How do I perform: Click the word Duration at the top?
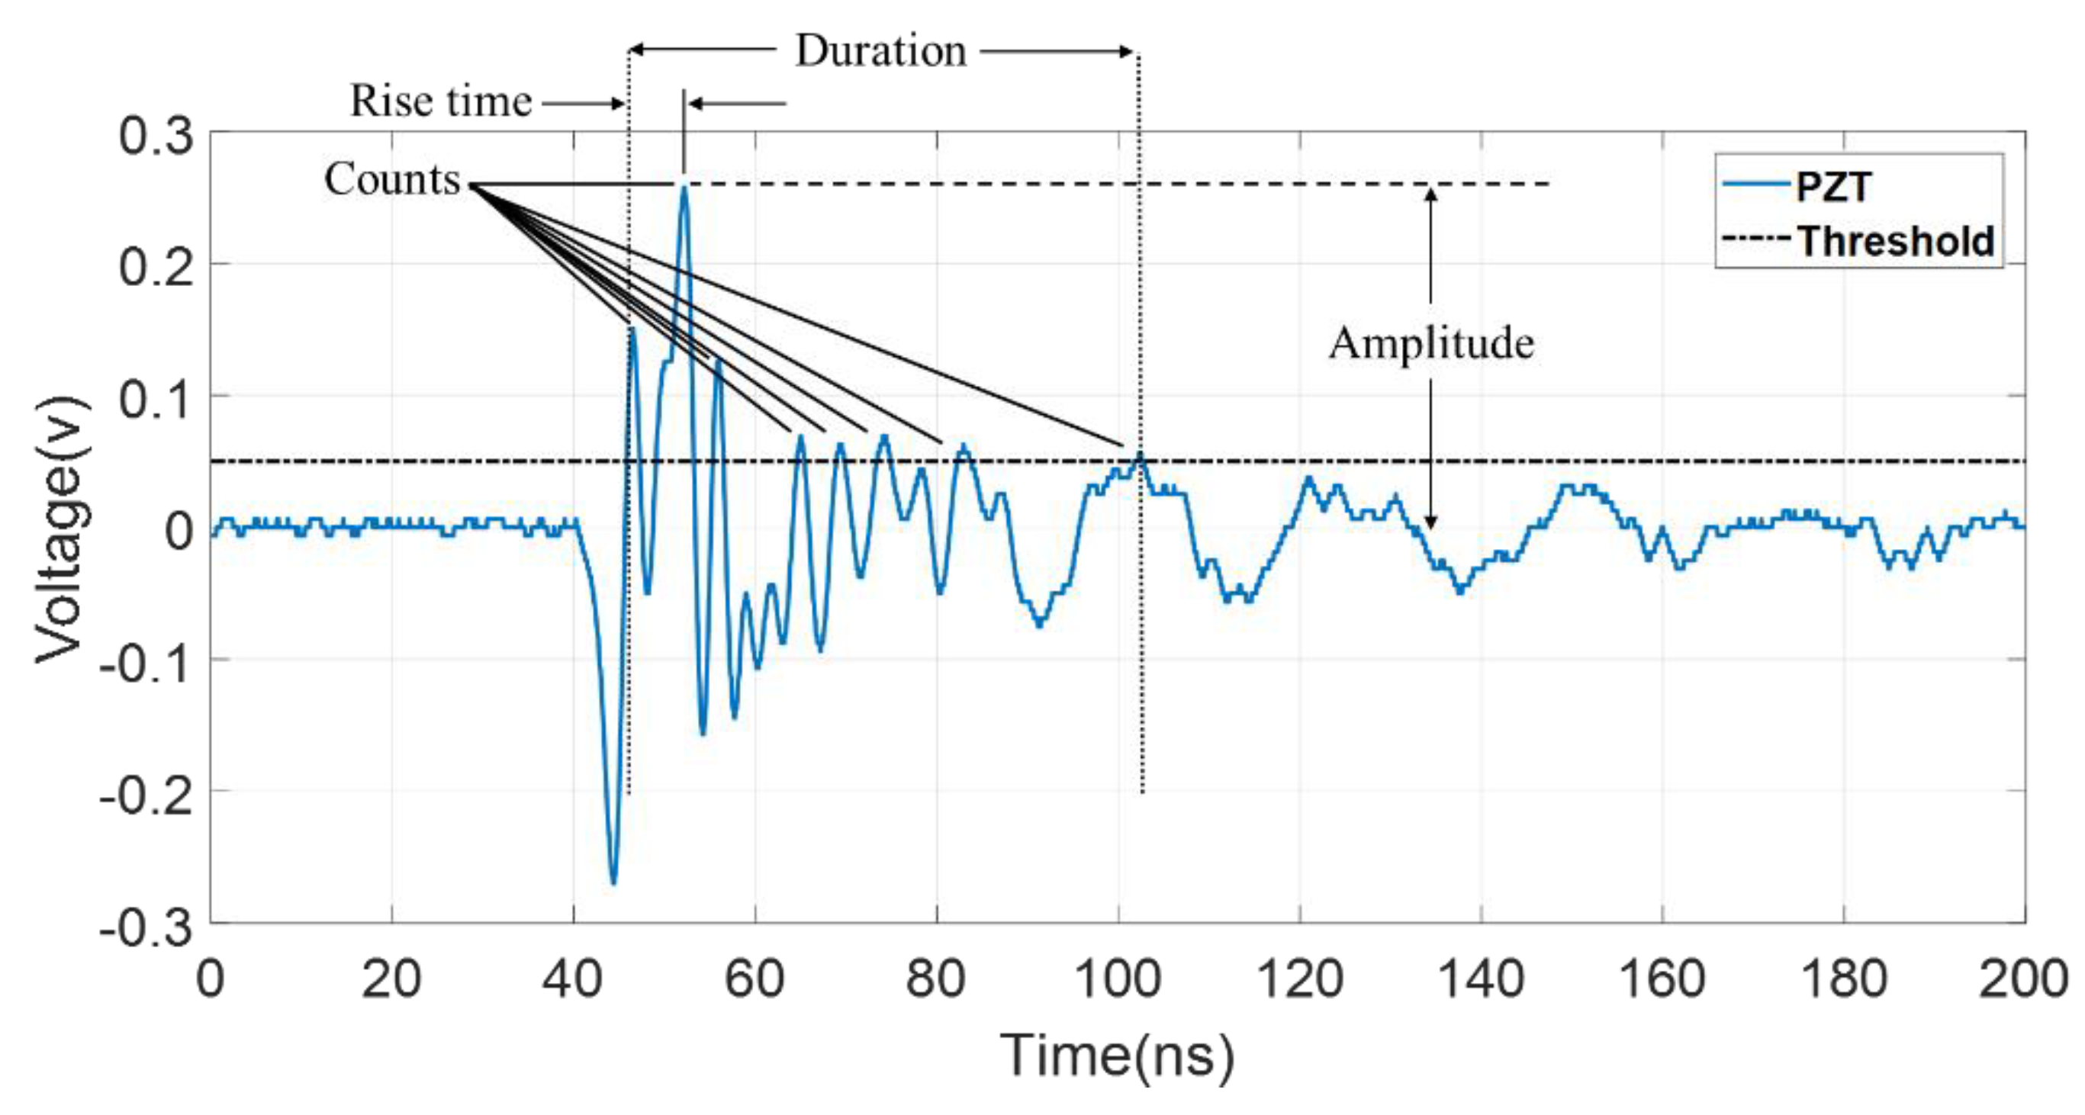(x=880, y=51)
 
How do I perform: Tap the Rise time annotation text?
(x=440, y=102)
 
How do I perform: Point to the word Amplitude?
(x=1431, y=343)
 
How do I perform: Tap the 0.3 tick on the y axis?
(x=156, y=135)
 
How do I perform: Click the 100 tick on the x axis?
(x=1118, y=979)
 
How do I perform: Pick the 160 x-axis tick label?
(x=1662, y=979)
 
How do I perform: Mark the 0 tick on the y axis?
(x=180, y=531)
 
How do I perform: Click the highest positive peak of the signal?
(x=684, y=187)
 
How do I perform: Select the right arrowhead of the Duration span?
(x=1127, y=52)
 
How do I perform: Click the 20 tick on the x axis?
(x=391, y=979)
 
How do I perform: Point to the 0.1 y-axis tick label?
(x=156, y=399)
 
